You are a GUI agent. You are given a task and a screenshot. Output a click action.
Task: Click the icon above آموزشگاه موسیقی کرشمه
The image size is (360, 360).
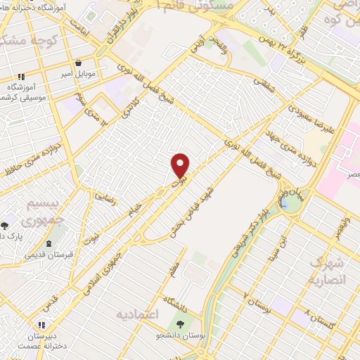pyautogui.click(x=22, y=77)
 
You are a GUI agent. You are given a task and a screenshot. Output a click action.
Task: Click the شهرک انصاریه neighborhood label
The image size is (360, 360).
pyautogui.click(x=326, y=270)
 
